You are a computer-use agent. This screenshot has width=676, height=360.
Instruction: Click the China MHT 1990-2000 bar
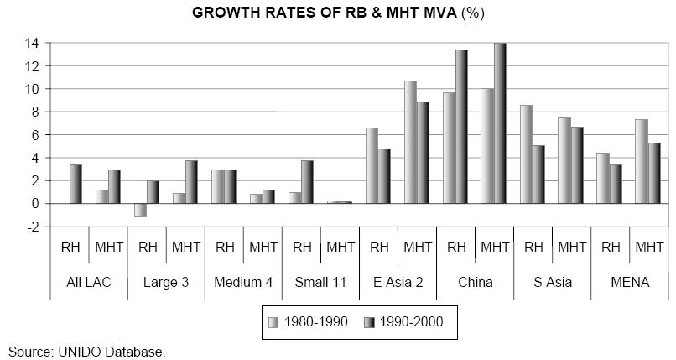[x=500, y=123]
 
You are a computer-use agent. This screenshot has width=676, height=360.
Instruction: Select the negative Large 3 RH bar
[x=141, y=210]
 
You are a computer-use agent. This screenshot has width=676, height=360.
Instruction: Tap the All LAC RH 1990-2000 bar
[x=75, y=184]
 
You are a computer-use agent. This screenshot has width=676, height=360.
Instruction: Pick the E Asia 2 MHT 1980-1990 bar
[x=410, y=143]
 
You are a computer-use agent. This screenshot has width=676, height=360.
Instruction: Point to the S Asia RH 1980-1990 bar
[x=526, y=154]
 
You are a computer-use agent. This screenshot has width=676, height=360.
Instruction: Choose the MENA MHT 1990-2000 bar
[x=654, y=174]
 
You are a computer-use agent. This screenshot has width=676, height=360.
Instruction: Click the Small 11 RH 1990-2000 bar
[x=308, y=182]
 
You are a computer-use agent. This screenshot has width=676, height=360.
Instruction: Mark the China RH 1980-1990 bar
[x=449, y=148]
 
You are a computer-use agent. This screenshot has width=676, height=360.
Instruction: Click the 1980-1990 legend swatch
[x=273, y=322]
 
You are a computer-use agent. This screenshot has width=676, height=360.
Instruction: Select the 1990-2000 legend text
[x=411, y=322]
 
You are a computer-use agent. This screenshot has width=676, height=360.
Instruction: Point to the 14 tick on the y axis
[x=34, y=43]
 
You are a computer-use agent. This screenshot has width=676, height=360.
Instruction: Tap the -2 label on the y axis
[x=33, y=227]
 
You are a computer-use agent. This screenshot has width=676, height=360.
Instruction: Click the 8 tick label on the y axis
[x=36, y=112]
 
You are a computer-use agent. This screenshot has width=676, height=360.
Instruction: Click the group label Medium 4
[x=243, y=283]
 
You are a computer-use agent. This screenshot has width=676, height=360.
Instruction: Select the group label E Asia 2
[x=398, y=283]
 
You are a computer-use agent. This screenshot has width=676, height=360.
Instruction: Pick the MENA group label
[x=630, y=283]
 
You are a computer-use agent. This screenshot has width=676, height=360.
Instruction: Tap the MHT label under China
[x=495, y=247]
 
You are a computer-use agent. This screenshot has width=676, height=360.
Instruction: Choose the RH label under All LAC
[x=70, y=247]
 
